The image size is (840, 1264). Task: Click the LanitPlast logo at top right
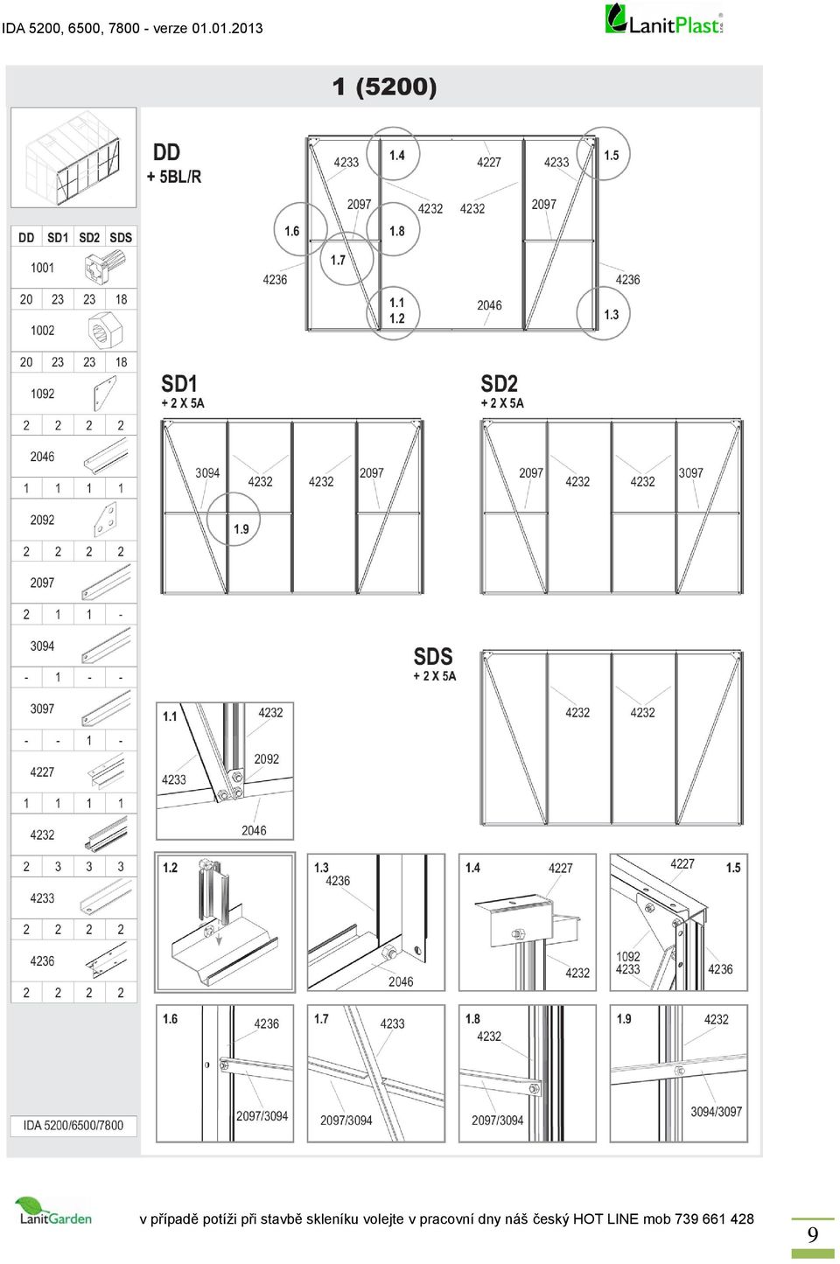(664, 20)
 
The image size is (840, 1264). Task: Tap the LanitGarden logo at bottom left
(55, 1211)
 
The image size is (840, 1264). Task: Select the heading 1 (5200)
(384, 87)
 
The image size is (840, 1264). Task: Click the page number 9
(812, 1234)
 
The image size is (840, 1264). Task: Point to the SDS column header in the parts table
(121, 238)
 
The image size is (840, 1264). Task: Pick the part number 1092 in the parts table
(42, 394)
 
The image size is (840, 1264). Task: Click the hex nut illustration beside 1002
(104, 331)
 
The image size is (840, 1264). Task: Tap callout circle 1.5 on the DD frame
(603, 154)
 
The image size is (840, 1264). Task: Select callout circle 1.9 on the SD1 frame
(233, 519)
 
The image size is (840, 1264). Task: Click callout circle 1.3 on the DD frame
(603, 313)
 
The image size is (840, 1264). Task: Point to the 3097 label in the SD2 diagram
(690, 473)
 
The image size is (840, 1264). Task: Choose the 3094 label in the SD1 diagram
(207, 473)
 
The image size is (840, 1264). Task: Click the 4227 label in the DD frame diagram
(489, 163)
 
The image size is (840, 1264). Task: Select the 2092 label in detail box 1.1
(267, 759)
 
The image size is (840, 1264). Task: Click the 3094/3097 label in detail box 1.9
(716, 1112)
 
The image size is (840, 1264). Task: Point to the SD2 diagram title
(499, 384)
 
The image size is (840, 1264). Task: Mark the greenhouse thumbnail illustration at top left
(73, 157)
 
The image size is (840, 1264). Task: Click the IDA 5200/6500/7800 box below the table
(73, 1125)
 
